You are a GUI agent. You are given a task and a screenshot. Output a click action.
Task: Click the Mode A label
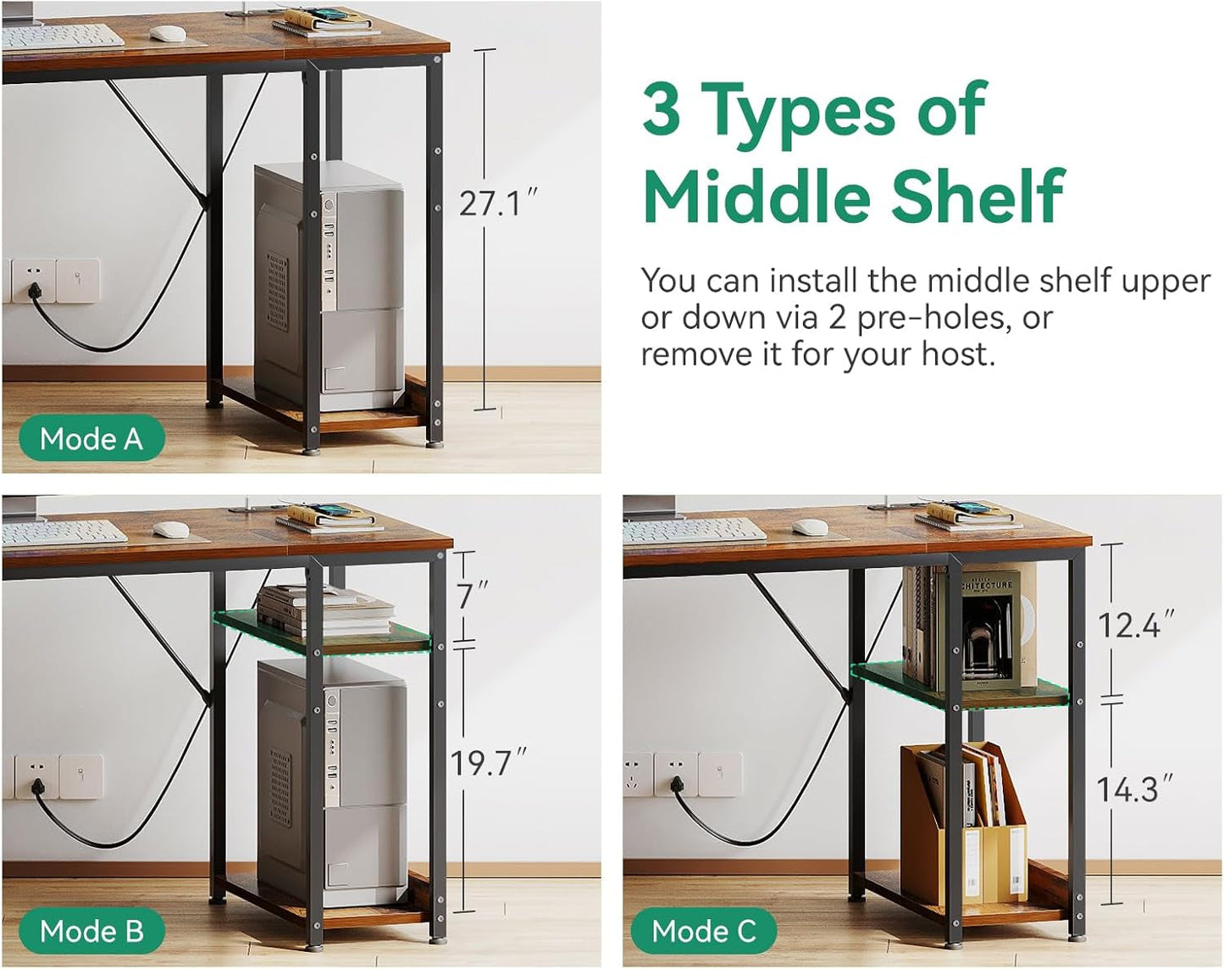91,439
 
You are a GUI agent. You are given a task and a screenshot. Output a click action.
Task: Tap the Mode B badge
91,932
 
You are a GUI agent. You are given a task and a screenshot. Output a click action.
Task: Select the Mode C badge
704,932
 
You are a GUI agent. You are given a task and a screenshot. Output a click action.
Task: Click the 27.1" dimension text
497,203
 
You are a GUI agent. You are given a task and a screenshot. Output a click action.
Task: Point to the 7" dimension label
472,595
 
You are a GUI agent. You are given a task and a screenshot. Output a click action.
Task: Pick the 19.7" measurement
488,762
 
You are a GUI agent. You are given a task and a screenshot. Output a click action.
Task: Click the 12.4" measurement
1136,624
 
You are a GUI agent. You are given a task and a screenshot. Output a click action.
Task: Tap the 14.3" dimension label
1135,789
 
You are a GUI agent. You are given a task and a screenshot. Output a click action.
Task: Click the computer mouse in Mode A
169,33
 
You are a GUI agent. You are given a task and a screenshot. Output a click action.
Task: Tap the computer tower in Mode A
329,287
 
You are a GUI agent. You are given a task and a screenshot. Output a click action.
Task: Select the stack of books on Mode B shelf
324,611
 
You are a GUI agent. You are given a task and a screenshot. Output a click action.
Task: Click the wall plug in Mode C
676,786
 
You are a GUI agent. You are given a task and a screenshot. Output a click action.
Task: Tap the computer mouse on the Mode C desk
810,527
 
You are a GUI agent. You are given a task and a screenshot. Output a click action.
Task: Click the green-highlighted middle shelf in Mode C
960,686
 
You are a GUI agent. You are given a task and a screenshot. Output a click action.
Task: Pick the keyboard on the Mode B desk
64,533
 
